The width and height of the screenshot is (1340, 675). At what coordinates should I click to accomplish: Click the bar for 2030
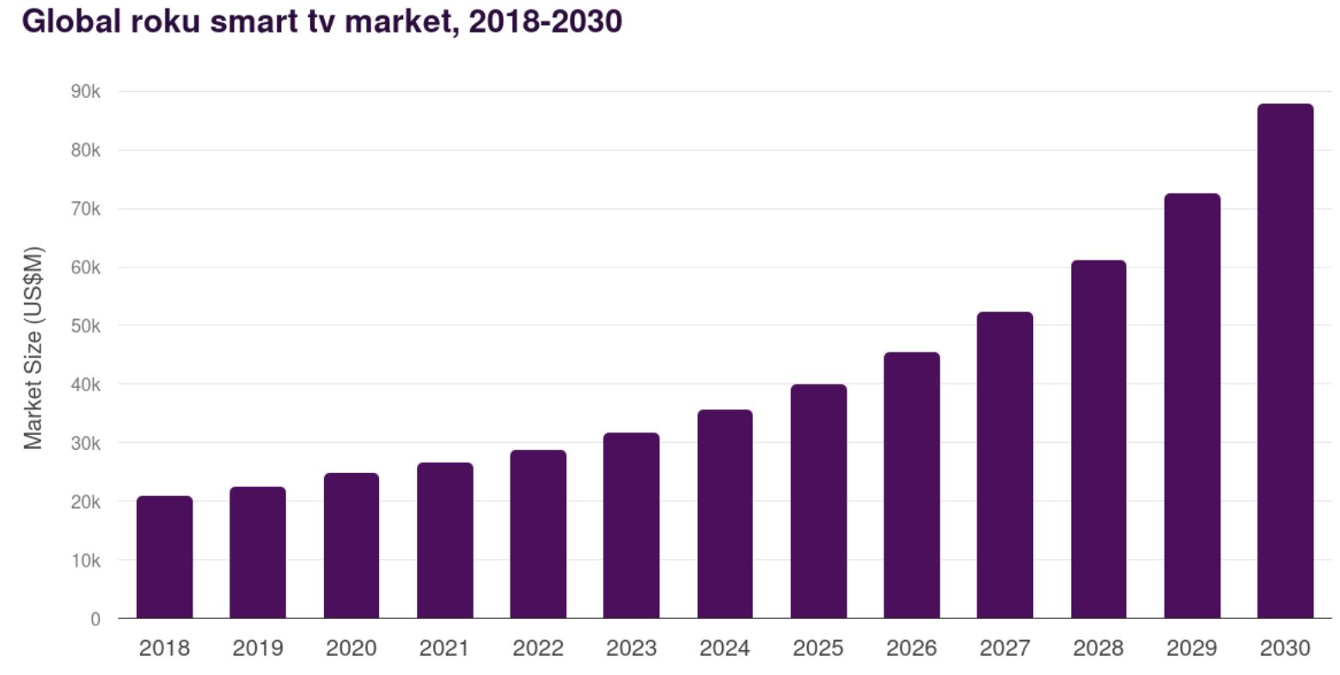pyautogui.click(x=1285, y=361)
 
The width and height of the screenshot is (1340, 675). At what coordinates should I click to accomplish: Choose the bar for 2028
pyautogui.click(x=1098, y=439)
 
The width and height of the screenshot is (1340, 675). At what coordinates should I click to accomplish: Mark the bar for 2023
pyautogui.click(x=631, y=525)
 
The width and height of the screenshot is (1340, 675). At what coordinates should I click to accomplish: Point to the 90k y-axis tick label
pyautogui.click(x=85, y=92)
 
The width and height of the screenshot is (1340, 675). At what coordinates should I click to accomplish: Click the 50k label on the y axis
pyautogui.click(x=85, y=327)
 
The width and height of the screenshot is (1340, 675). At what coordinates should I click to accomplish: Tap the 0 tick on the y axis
pyautogui.click(x=95, y=619)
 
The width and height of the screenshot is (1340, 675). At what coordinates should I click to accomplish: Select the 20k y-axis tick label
pyautogui.click(x=85, y=502)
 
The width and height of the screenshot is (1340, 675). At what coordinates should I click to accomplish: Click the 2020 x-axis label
pyautogui.click(x=351, y=648)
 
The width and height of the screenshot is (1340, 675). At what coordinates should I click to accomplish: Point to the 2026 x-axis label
pyautogui.click(x=911, y=648)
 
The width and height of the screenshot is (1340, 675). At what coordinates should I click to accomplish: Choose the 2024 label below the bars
pyautogui.click(x=725, y=648)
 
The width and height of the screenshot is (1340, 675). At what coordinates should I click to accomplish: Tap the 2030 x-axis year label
pyautogui.click(x=1285, y=648)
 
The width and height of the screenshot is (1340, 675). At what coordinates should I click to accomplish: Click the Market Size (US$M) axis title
pyautogui.click(x=33, y=348)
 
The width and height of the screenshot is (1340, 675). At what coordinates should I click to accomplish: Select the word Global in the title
pyautogui.click(x=71, y=21)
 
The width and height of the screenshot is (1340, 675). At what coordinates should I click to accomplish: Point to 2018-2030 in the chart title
pyautogui.click(x=545, y=21)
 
